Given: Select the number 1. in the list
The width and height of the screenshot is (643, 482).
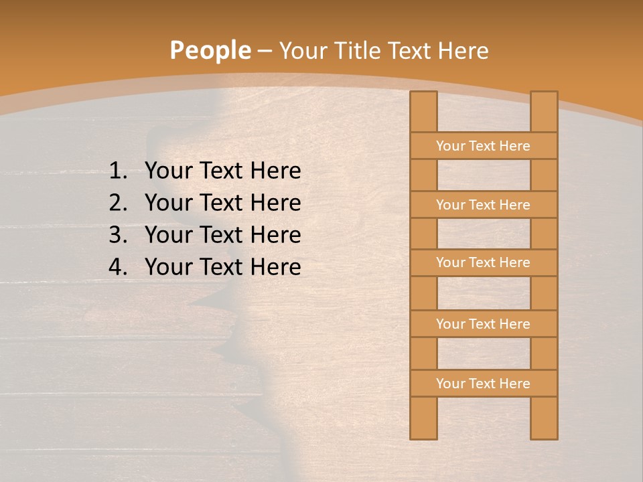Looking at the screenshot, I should coord(118,171).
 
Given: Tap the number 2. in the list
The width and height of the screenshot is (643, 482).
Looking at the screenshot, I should coord(118,203).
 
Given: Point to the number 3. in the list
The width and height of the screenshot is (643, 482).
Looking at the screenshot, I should coord(118,235).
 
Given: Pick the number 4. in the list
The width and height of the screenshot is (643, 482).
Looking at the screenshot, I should coord(118,267).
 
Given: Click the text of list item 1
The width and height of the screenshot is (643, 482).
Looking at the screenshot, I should coord(222,171).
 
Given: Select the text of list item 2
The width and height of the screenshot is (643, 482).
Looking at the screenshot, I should coord(222,203).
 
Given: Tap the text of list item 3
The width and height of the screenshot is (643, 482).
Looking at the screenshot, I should coord(222,235).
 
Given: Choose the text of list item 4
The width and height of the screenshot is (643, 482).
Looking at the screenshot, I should coord(222,267).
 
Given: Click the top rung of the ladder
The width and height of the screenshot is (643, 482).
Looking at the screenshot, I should coord(484,146).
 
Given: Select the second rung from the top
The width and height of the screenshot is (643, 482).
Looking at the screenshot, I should coord(484,205).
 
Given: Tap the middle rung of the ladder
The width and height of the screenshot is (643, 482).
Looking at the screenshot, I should coord(484,262).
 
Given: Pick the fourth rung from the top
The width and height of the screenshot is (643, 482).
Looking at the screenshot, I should coord(484,324).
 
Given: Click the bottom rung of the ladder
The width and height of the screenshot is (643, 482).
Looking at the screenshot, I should coord(484,384).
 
